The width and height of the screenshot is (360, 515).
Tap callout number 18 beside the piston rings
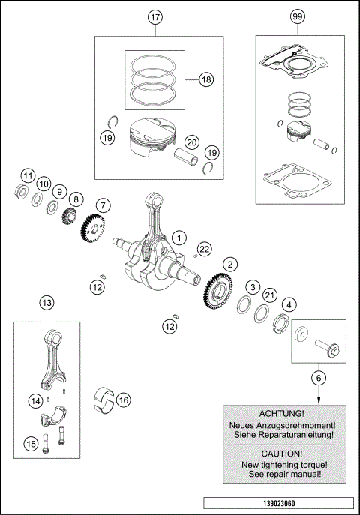tap(205, 79)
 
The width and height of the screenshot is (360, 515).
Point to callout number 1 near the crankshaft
tap(180, 237)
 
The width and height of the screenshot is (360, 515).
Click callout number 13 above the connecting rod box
tap(46, 303)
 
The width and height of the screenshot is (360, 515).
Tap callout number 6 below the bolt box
tap(319, 379)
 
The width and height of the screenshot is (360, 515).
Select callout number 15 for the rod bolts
tap(31, 443)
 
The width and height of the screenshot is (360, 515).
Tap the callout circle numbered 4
tap(289, 304)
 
